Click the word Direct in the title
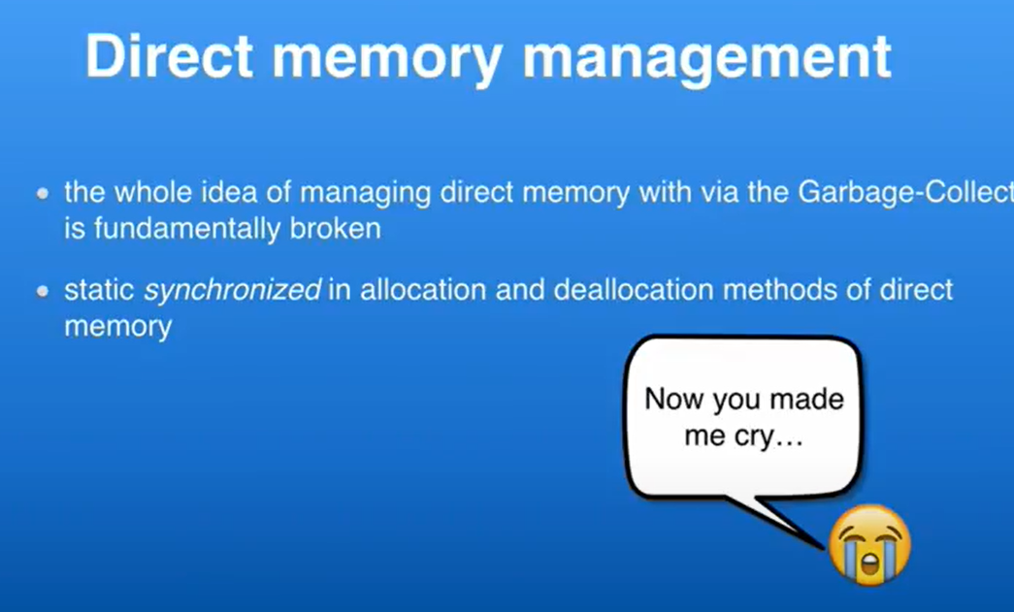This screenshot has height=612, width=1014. pos(170,56)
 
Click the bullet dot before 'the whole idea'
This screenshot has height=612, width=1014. pos(43,193)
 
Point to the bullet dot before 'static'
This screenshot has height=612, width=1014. pos(43,292)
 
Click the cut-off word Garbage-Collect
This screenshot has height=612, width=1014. pos(906,193)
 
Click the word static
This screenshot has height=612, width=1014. pos(99,290)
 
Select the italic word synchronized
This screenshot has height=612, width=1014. pos(232,292)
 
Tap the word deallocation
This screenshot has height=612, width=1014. pos(633,290)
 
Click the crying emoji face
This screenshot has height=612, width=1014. pos(869,545)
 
